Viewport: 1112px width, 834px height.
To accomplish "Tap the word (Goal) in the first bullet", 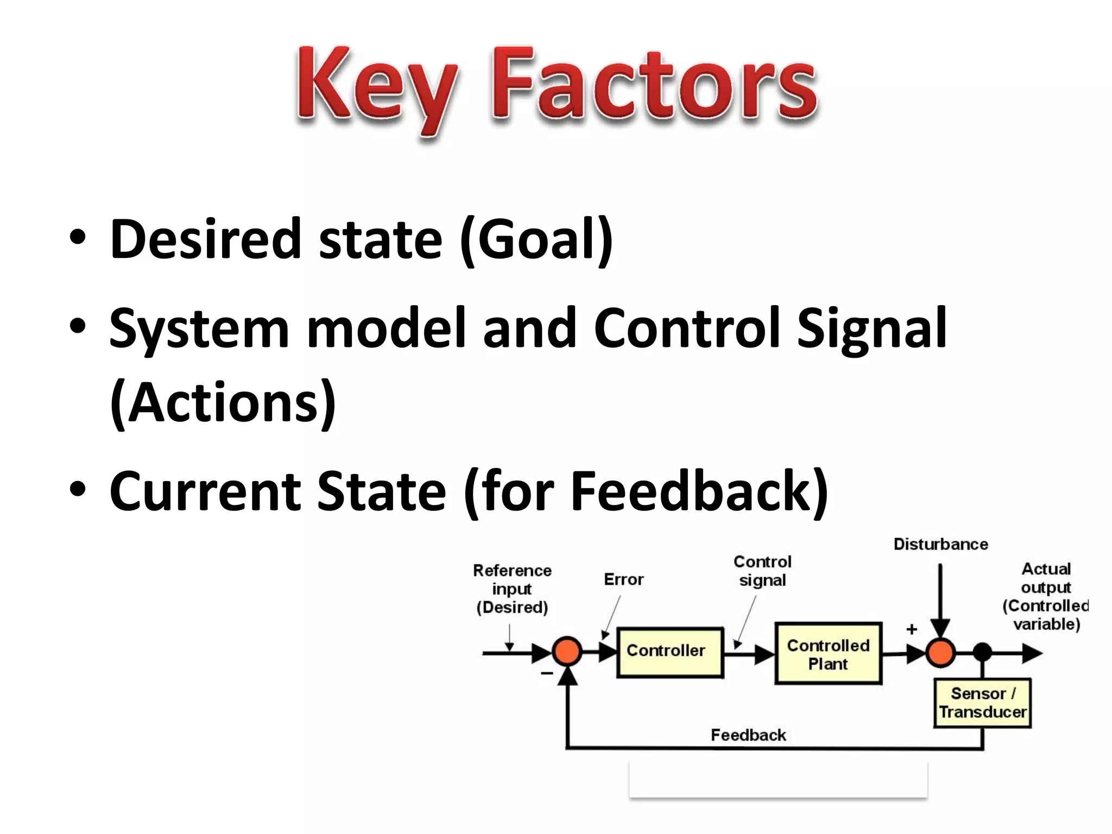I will pyautogui.click(x=536, y=239).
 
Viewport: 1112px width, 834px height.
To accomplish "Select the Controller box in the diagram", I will pyautogui.click(x=670, y=652).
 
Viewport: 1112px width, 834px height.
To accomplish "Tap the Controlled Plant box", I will pyautogui.click(x=828, y=654).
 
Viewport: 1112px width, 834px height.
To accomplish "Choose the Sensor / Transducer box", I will pyautogui.click(x=982, y=703).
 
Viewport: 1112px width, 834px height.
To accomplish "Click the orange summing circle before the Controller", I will pyautogui.click(x=567, y=652).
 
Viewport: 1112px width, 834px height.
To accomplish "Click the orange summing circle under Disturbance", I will pyautogui.click(x=940, y=653).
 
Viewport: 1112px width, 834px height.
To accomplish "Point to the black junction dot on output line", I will pyautogui.click(x=982, y=652).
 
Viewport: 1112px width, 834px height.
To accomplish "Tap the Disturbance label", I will pyautogui.click(x=940, y=544).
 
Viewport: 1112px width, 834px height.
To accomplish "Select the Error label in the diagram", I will pyautogui.click(x=623, y=579).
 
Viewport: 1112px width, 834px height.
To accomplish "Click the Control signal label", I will pyautogui.click(x=762, y=571).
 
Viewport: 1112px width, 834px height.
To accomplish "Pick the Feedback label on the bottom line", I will pyautogui.click(x=748, y=735).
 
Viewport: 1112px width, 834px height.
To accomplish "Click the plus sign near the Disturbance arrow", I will pyautogui.click(x=912, y=629).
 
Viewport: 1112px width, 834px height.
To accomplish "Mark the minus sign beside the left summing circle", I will pyautogui.click(x=547, y=673).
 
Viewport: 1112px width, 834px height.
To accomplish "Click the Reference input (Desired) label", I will pyautogui.click(x=512, y=589).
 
